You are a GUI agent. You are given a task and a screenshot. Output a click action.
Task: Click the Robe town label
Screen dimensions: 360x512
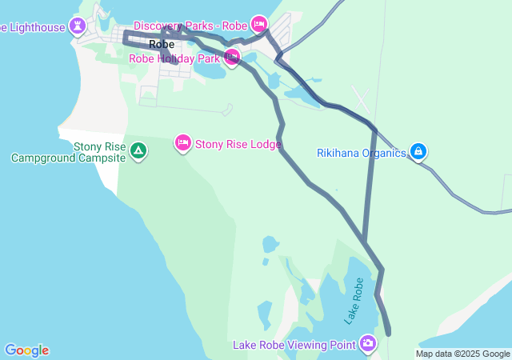click(x=162, y=45)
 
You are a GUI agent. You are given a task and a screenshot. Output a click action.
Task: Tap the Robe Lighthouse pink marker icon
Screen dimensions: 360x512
click(x=78, y=26)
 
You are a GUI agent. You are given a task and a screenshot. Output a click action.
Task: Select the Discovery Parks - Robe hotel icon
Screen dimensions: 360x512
click(x=258, y=24)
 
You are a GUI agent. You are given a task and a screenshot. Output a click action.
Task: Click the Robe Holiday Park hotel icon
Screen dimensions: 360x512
click(x=232, y=57)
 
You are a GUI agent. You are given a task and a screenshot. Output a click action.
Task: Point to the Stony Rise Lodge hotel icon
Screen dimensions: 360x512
click(x=182, y=143)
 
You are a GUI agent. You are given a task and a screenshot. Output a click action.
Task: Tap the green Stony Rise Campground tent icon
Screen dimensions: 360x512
click(x=138, y=150)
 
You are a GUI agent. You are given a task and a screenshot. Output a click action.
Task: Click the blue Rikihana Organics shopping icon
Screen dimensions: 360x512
click(x=418, y=150)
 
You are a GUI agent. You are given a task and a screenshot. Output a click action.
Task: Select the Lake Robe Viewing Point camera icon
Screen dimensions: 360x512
click(x=367, y=344)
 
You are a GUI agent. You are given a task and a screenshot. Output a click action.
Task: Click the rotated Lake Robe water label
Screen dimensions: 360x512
click(x=354, y=301)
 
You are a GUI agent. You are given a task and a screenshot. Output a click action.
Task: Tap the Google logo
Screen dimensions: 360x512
click(x=26, y=350)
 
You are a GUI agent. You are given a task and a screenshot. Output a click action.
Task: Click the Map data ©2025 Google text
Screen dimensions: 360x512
click(x=462, y=354)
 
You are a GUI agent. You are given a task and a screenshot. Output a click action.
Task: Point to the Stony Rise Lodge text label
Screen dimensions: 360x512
click(x=238, y=145)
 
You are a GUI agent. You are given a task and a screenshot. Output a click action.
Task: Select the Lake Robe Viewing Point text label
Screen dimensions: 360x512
click(x=294, y=345)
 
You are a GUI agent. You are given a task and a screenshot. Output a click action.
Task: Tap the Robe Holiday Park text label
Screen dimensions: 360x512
click(x=174, y=58)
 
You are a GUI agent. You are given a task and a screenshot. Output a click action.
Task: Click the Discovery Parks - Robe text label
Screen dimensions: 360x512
click(x=190, y=26)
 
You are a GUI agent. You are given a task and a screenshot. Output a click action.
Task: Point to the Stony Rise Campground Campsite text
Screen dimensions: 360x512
click(x=69, y=153)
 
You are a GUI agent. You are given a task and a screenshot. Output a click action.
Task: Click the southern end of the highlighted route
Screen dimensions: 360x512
click(x=389, y=332)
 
